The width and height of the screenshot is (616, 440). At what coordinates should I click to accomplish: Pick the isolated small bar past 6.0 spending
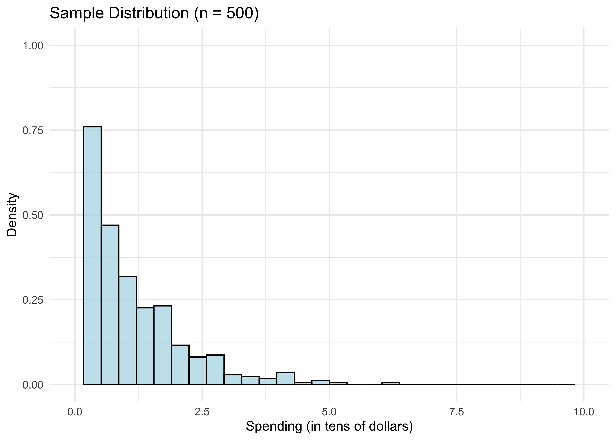[391, 383]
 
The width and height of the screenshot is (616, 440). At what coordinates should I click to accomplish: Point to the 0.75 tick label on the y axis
[33, 130]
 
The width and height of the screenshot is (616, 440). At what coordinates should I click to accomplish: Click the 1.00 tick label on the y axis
[33, 45]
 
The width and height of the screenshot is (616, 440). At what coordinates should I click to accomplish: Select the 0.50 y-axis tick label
[33, 215]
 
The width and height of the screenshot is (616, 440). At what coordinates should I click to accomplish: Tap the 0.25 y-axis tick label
[33, 300]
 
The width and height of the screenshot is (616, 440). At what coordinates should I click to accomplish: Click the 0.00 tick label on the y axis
[33, 385]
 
